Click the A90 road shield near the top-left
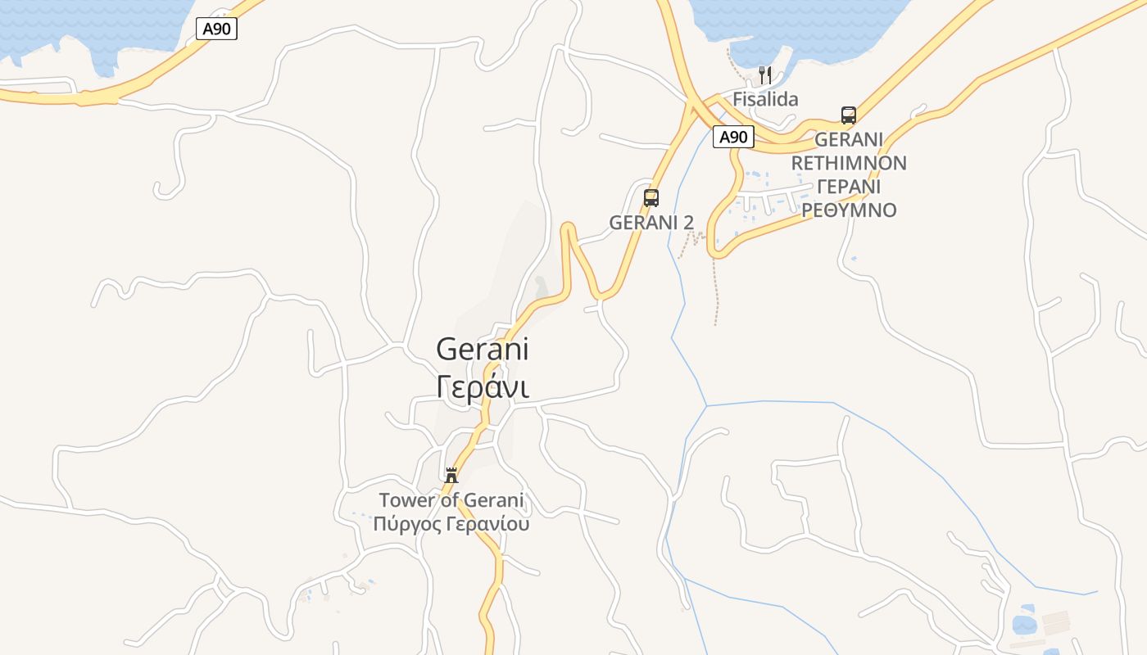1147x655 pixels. (x=217, y=29)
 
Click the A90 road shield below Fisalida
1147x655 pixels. (x=733, y=137)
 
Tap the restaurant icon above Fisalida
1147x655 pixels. (x=765, y=75)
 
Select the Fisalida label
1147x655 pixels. (x=765, y=99)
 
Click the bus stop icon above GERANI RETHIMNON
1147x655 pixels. (x=849, y=115)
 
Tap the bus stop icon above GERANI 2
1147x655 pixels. (x=651, y=198)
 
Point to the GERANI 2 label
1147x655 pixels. (x=651, y=222)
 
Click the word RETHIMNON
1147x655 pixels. (x=849, y=163)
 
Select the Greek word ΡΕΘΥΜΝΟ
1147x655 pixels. (x=849, y=210)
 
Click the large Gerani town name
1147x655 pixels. (x=483, y=350)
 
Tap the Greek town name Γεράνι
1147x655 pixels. (x=483, y=386)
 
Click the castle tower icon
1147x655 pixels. (x=451, y=475)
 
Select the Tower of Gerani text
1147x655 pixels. (x=451, y=500)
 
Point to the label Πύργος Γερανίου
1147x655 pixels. (x=451, y=524)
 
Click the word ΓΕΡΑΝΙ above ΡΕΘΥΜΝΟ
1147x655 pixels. (x=849, y=187)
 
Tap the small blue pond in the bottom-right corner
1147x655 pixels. (x=1024, y=624)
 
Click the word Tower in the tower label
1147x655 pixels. (x=406, y=500)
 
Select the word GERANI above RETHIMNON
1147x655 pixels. (x=849, y=139)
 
